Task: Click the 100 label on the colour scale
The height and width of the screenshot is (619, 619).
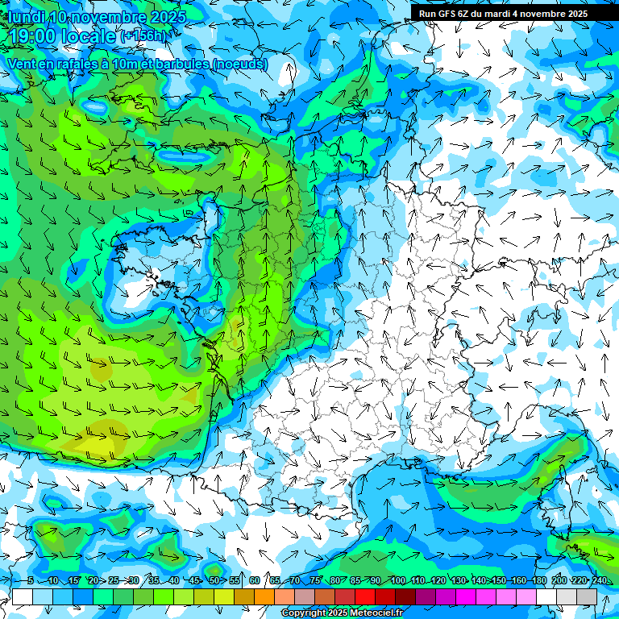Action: [x=397, y=580]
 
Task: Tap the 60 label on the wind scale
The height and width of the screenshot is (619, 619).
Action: [x=255, y=580]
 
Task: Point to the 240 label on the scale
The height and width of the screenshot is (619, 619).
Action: [x=599, y=580]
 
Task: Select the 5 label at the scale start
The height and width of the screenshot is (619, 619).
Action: [x=30, y=580]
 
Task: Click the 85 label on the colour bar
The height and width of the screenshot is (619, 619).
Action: [x=355, y=580]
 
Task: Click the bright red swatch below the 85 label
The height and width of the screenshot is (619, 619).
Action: [x=365, y=596]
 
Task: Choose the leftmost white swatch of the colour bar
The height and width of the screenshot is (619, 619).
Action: [x=23, y=596]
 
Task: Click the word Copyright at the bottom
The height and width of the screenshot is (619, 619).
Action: [x=303, y=613]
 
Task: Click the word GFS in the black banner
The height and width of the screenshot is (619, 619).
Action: [x=447, y=14]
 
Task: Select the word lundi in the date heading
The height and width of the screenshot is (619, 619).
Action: [x=25, y=17]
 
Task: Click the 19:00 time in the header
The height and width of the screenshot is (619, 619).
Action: [x=32, y=36]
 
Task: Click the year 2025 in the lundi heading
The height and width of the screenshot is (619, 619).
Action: [x=166, y=17]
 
